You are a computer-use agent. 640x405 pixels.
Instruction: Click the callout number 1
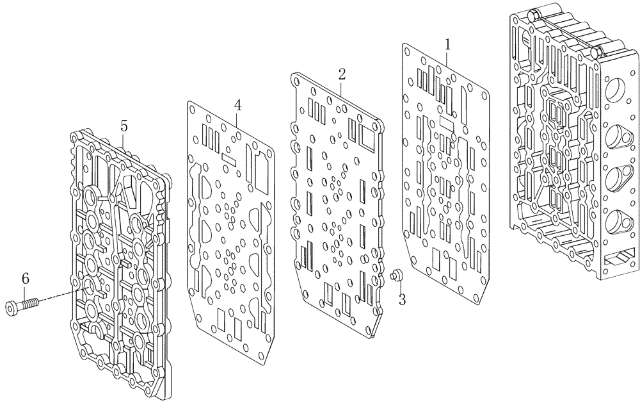448,44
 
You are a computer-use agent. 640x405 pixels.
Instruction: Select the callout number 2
342,73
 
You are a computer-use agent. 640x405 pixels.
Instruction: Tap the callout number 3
401,299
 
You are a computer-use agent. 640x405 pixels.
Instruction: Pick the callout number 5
124,125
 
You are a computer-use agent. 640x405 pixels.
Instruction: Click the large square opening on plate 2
369,136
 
